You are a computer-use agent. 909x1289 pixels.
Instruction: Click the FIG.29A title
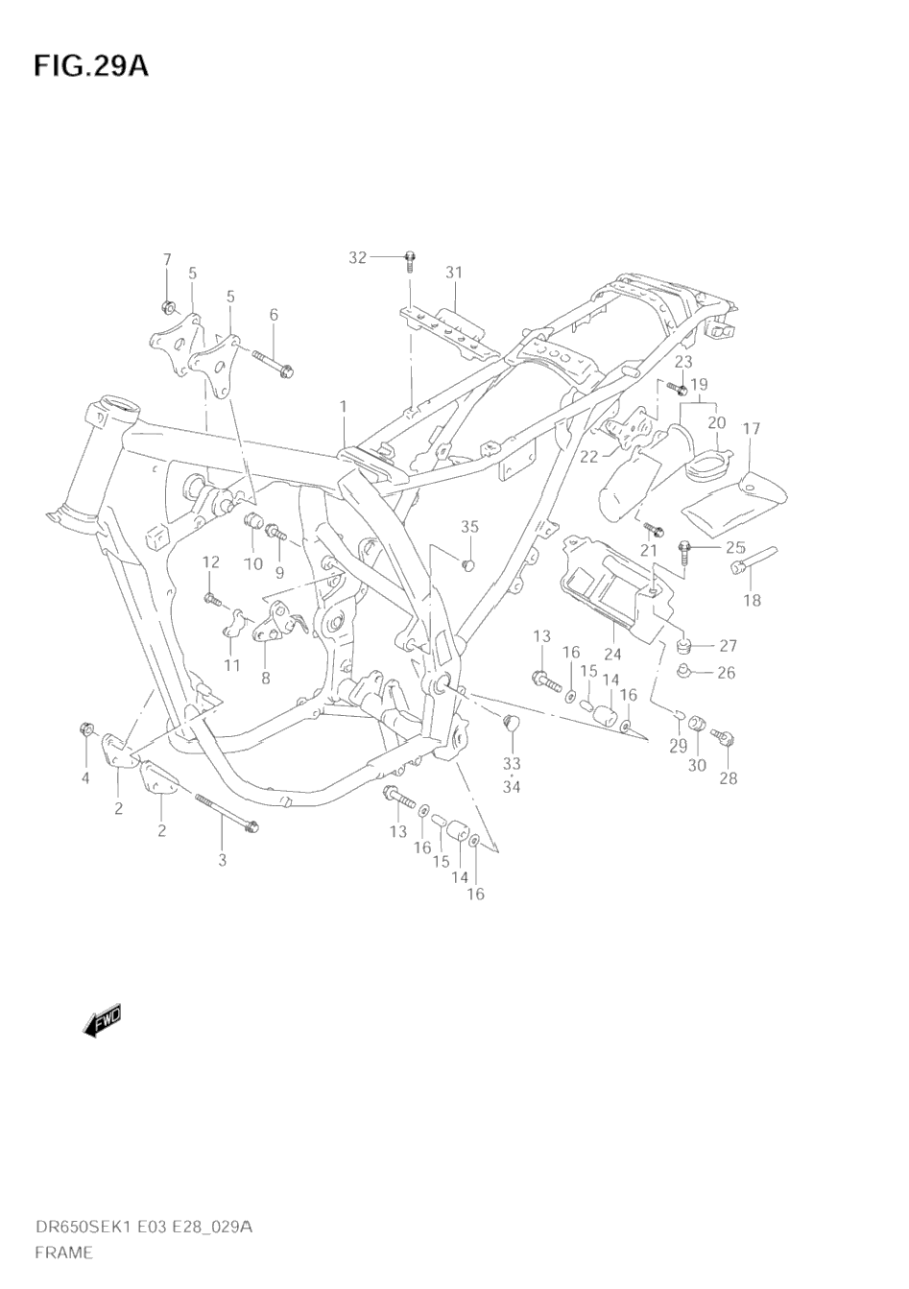[91, 66]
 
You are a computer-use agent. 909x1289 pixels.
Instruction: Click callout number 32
[357, 257]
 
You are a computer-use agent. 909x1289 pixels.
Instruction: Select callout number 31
[453, 273]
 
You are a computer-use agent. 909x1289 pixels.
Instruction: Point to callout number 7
[166, 259]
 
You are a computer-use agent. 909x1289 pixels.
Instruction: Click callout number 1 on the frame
[343, 407]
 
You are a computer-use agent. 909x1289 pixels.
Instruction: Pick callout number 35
[468, 526]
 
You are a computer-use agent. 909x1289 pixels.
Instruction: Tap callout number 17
[751, 428]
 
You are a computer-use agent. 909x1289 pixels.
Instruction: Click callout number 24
[612, 655]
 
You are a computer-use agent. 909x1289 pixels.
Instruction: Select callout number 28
[729, 777]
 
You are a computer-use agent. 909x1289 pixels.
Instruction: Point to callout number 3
[222, 859]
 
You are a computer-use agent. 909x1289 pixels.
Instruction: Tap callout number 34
[512, 787]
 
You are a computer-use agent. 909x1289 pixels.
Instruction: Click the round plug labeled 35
[469, 562]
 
